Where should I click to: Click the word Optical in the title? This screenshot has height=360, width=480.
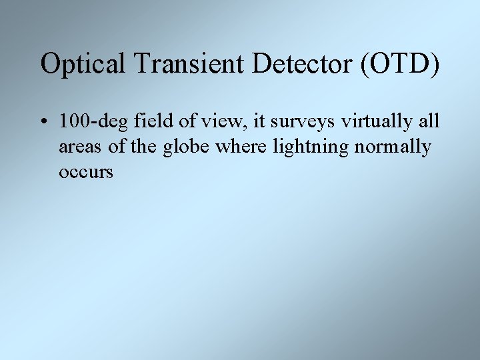(82, 64)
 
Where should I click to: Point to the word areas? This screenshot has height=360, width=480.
(79, 147)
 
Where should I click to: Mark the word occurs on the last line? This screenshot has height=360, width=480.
(86, 171)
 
